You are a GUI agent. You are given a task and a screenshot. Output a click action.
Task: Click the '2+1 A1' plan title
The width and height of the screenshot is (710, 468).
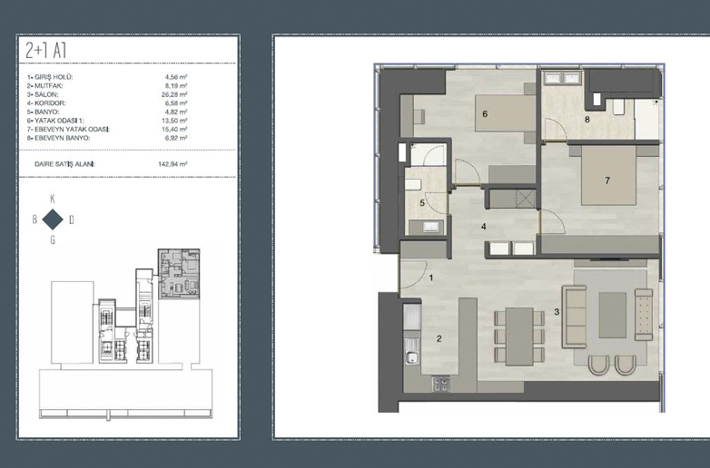coord(45,50)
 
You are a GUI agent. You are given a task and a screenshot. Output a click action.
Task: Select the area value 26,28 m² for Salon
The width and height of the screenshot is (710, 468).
coord(176,94)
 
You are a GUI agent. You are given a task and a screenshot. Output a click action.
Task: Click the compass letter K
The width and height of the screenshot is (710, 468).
coord(53,199)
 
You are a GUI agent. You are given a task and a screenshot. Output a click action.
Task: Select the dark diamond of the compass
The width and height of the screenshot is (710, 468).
coord(53,219)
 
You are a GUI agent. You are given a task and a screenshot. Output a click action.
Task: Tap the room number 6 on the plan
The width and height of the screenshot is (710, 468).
coord(485,114)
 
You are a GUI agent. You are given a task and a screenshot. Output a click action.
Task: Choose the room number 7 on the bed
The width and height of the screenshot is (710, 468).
coord(607,180)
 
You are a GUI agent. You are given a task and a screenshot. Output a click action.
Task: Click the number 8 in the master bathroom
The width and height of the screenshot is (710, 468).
coord(587,120)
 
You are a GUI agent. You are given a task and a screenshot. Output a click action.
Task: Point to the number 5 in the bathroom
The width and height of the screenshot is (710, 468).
coord(422,203)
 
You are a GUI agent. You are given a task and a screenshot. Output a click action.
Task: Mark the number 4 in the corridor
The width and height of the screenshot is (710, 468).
coord(484,226)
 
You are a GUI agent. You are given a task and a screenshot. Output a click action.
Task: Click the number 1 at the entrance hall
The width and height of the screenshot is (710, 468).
coord(431,278)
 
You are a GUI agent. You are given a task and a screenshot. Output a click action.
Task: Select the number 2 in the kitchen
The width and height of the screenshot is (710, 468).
coord(439,338)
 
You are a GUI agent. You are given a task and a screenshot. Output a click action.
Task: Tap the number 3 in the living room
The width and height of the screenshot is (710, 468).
coord(557,312)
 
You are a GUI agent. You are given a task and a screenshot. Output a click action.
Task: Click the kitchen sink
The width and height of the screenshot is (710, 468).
coord(411,357)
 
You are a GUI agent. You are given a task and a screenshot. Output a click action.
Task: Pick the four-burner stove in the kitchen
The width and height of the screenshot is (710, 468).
coord(441,384)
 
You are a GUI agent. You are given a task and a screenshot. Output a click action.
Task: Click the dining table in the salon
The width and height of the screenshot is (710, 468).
coord(519,336)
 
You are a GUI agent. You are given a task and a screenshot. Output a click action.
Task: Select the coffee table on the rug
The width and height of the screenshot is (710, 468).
coord(613,315)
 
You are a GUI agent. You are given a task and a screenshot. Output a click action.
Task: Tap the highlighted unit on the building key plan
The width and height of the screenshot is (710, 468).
coord(179,273)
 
